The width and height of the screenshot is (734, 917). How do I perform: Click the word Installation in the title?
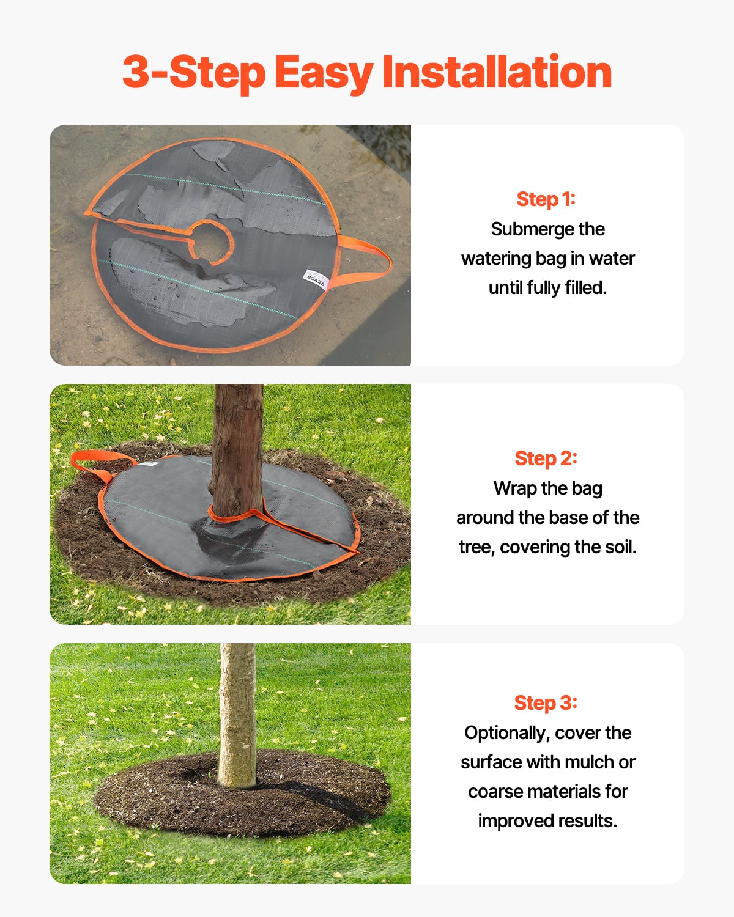click(497, 72)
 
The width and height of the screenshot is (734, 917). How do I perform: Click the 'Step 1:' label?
click(546, 199)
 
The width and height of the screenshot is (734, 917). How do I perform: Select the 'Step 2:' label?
click(546, 458)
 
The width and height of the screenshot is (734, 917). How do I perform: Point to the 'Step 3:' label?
click(546, 703)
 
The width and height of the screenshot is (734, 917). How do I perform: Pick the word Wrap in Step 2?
click(516, 488)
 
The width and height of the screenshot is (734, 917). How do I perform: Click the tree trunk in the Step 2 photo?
click(237, 446)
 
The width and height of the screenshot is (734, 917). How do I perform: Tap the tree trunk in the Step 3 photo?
click(237, 715)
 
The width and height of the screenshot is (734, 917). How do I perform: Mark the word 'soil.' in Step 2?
click(620, 547)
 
